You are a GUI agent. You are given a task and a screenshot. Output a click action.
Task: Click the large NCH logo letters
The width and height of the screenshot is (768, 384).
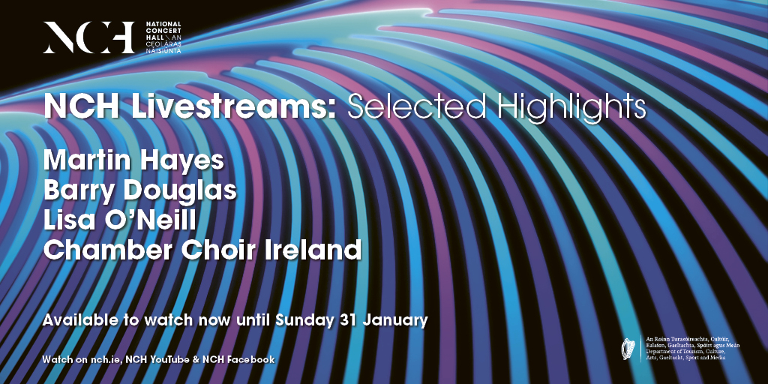tap(88, 37)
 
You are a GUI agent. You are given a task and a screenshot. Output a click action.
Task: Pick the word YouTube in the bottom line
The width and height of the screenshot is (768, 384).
tap(169, 360)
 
